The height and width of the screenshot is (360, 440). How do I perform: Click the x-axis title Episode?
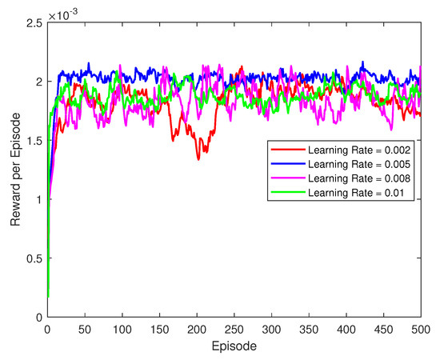[234, 348]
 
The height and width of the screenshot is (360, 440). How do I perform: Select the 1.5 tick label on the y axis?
[34, 140]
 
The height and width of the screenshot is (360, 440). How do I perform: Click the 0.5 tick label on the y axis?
[34, 258]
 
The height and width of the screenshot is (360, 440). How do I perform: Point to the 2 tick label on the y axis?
[38, 82]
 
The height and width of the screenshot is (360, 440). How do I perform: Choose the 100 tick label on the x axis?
[122, 329]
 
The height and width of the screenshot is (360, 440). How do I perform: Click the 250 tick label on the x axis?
[234, 329]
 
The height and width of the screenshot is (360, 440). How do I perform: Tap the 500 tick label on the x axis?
[421, 329]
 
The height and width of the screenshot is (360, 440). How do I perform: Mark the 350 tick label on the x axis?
[309, 329]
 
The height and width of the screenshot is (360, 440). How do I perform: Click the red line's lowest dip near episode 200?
[198, 158]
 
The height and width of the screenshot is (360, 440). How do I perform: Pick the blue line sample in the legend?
[286, 162]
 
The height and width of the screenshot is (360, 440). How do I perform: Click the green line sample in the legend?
[286, 191]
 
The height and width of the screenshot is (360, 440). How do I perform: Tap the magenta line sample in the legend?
[286, 177]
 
